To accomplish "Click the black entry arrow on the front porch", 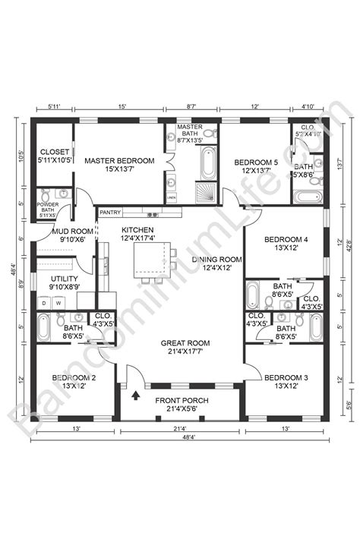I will point(136,395).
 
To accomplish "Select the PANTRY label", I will point(110,213).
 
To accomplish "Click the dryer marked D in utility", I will point(45,302).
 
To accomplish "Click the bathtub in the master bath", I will point(207,162).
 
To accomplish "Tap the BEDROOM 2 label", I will point(73,381).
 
